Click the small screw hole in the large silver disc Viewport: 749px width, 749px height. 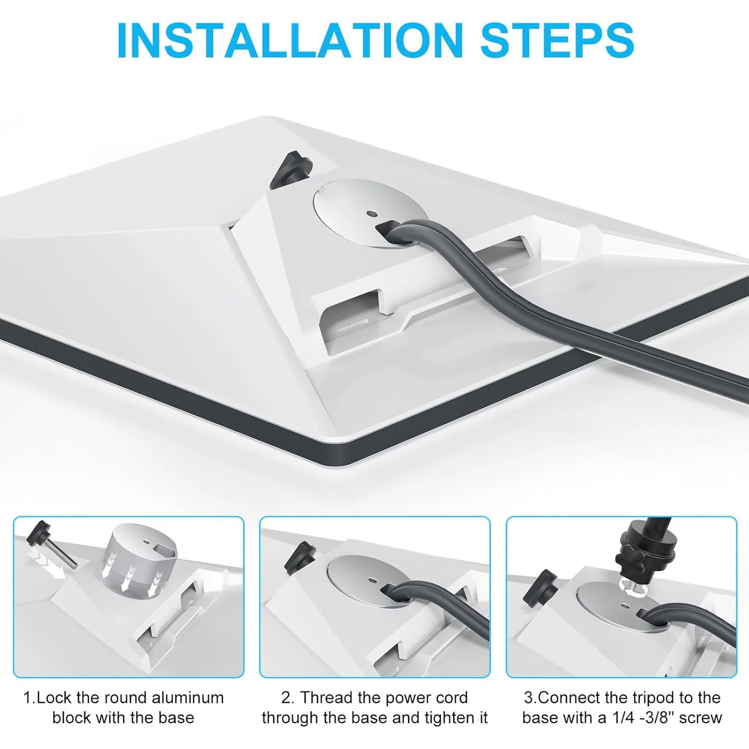click(372, 214)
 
